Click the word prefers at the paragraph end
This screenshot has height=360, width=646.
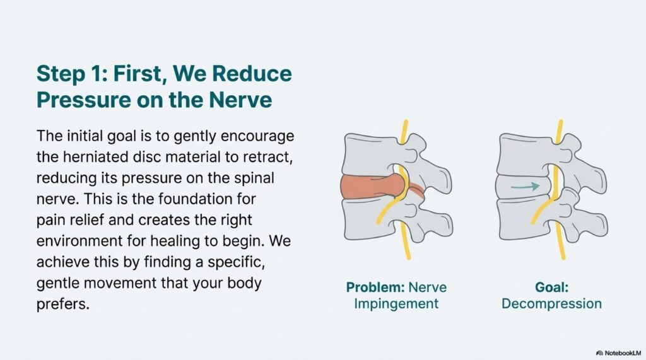(62, 305)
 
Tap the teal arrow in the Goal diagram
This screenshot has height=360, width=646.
(526, 187)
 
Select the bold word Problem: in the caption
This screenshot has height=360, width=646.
(375, 287)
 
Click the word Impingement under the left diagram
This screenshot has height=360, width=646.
(396, 304)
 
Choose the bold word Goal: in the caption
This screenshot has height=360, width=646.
(551, 287)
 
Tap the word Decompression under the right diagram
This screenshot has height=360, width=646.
(551, 303)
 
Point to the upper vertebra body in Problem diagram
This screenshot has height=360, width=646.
(369, 155)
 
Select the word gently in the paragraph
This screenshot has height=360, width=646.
(196, 136)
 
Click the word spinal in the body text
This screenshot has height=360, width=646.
(254, 178)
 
